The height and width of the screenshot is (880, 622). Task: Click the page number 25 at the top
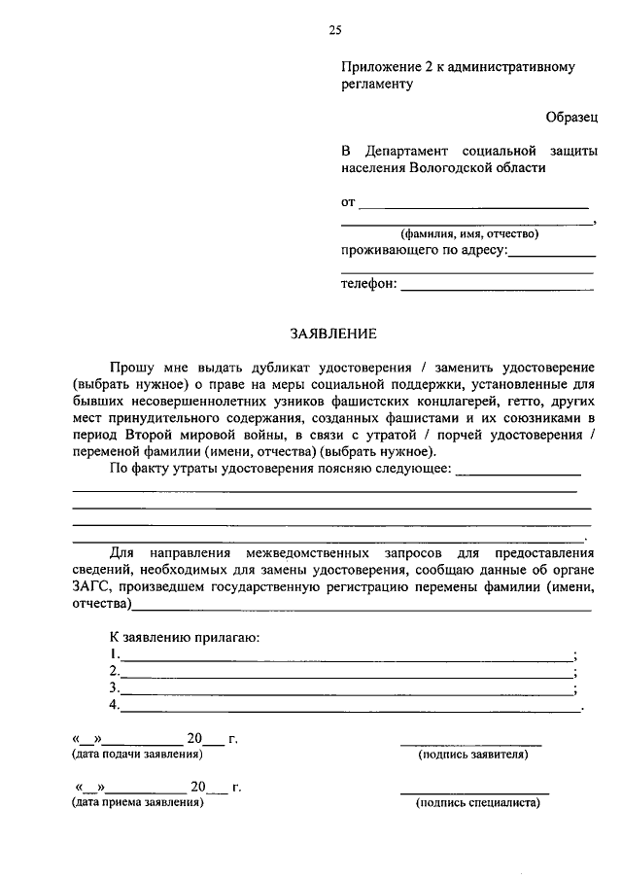point(334,30)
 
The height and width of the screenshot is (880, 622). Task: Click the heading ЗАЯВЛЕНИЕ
point(333,334)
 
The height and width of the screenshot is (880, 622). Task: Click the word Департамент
point(406,151)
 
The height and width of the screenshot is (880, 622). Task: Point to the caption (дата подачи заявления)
point(136,754)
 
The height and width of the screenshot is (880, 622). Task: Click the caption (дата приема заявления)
point(136,804)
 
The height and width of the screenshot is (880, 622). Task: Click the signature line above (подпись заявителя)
point(472,744)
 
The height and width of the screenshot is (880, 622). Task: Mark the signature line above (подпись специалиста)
point(475,793)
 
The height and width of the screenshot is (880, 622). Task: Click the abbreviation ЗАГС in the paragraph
point(91,587)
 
